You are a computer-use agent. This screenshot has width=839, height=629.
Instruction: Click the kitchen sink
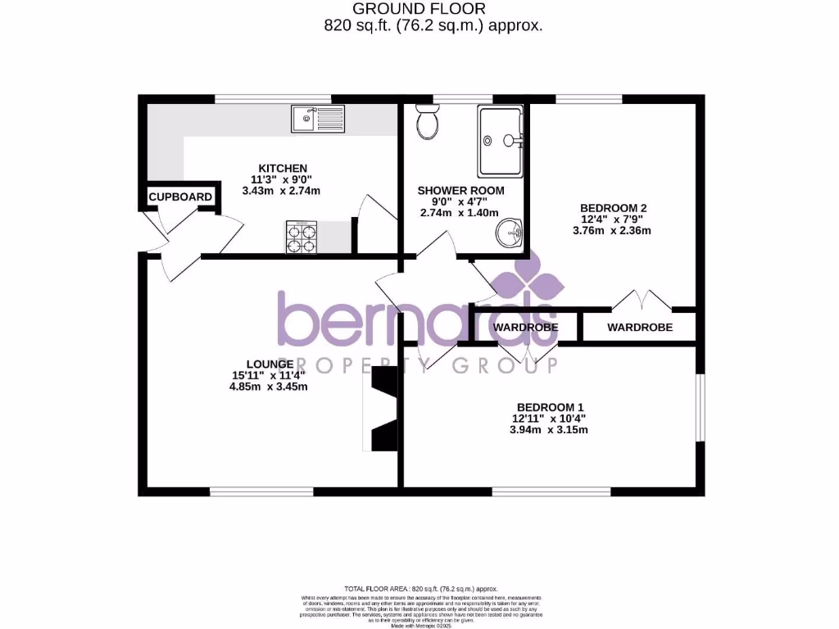click(x=317, y=119)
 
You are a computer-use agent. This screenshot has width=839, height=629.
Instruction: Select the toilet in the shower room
click(x=427, y=123)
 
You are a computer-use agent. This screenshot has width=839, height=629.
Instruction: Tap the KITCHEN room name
click(x=283, y=168)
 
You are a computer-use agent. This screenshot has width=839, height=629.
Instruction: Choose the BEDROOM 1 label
click(x=550, y=407)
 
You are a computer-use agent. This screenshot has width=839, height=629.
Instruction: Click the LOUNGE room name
click(x=270, y=364)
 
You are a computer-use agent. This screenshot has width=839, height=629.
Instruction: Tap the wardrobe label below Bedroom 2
click(x=640, y=327)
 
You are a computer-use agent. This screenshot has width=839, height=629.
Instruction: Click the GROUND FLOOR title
click(x=419, y=9)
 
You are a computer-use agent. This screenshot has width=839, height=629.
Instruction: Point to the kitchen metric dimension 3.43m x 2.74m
click(x=281, y=191)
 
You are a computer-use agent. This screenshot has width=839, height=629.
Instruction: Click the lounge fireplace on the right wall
click(x=383, y=410)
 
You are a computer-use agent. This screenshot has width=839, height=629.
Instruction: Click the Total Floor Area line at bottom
click(x=420, y=589)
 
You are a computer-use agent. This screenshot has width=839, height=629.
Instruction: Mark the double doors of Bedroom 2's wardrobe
click(x=642, y=300)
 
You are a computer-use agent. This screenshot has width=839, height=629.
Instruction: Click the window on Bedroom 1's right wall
click(x=700, y=408)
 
